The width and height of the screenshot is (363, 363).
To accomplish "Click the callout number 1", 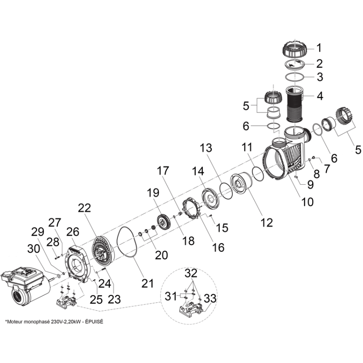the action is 319,48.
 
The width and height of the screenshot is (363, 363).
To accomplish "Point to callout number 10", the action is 308,202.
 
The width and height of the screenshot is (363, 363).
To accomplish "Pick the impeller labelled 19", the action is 164,222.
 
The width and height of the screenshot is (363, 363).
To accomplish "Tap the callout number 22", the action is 84,208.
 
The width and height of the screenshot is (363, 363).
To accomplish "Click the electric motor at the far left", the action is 25,288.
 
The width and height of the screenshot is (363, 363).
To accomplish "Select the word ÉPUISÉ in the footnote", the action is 94,322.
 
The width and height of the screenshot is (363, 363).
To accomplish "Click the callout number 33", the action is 210,299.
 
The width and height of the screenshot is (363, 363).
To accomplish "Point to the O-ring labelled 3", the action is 294,77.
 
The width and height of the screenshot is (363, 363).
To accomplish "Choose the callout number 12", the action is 267,222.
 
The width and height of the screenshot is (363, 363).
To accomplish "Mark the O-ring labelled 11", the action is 258,174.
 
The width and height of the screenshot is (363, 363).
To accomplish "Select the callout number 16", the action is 218,247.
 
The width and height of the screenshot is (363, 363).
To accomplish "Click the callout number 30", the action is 33,249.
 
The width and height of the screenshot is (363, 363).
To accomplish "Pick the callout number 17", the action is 163,171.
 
